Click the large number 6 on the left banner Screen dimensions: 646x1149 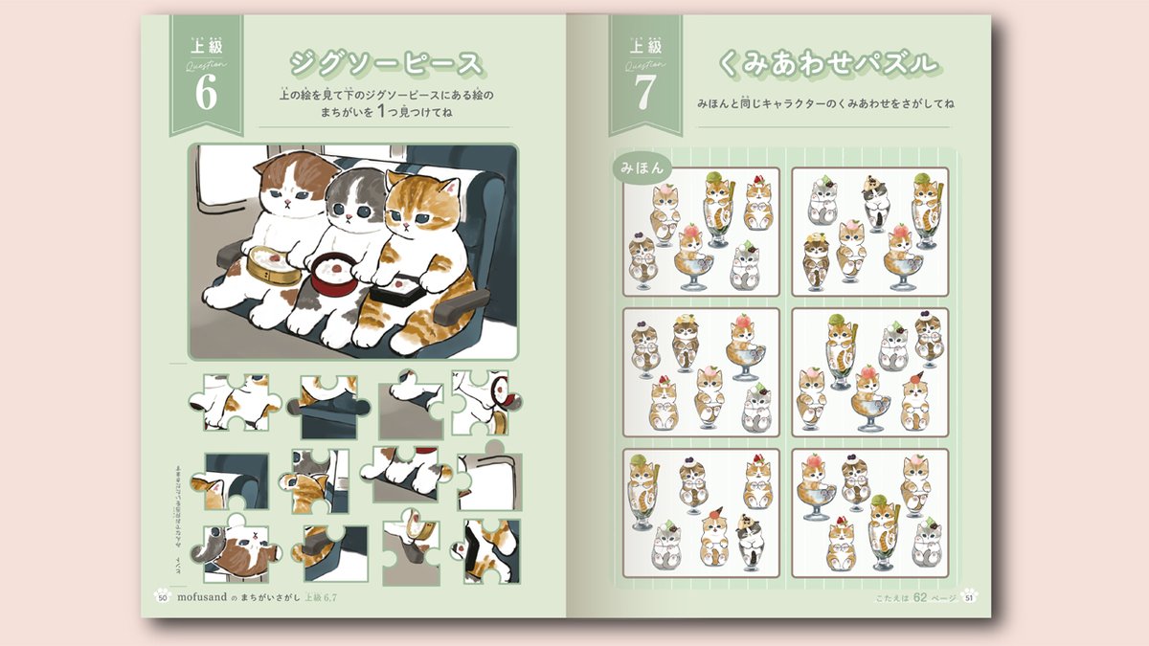tap(206, 93)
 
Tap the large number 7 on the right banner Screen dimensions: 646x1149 tap(644, 93)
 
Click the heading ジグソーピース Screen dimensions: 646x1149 tap(386, 65)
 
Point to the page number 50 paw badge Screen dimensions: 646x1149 tap(162, 597)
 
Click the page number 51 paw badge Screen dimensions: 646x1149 tap(969, 598)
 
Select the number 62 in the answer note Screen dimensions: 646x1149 tap(919, 598)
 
